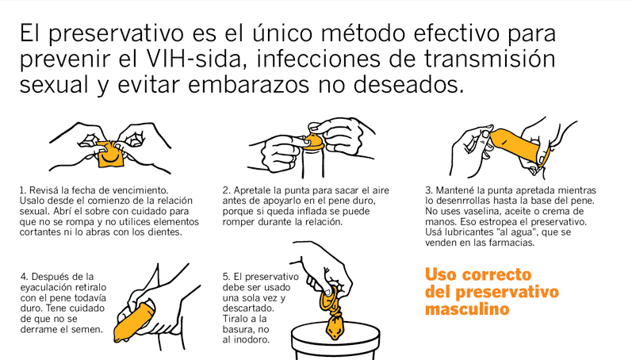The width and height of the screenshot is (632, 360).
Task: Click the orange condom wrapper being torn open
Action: (x=110, y=154)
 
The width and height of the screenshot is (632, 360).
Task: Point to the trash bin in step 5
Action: (x=335, y=341)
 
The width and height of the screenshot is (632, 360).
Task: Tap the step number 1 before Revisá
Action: (x=22, y=190)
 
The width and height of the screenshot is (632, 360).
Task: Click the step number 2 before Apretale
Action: (x=225, y=190)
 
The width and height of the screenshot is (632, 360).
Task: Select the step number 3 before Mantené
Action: (x=428, y=190)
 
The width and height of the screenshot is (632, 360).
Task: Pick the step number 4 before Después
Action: (x=24, y=277)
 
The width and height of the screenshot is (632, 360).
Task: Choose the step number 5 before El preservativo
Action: (x=226, y=277)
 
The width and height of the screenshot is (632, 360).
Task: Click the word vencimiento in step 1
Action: (x=140, y=190)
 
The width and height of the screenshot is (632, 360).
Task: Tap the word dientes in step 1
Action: (x=164, y=232)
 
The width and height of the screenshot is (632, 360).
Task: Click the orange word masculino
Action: (x=467, y=309)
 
